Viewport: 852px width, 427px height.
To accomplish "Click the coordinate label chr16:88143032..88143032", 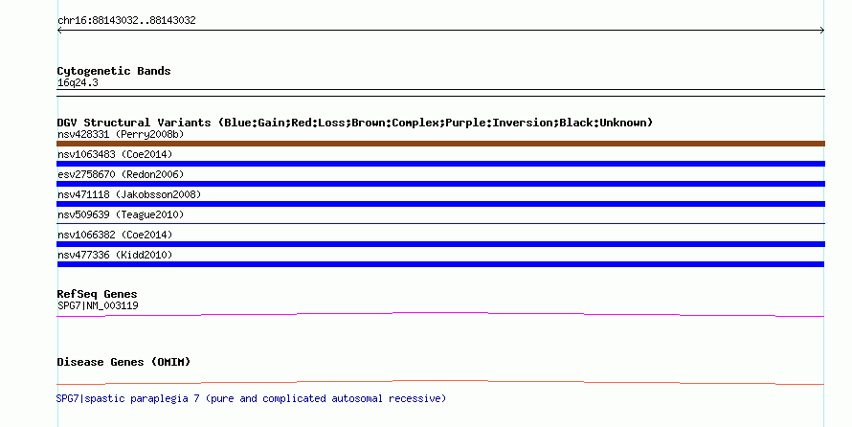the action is click(126, 21).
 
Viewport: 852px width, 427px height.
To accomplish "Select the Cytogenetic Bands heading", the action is click(114, 71).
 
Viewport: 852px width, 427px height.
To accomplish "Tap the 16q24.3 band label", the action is click(78, 83).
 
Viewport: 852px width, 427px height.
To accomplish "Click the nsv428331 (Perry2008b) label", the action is click(121, 134).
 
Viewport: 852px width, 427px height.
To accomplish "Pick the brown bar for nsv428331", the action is click(440, 144).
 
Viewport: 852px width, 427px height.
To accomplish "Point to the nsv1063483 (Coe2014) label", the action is click(115, 154).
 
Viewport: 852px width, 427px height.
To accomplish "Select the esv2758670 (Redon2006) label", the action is click(121, 174).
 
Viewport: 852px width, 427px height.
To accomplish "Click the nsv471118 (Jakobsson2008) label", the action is click(129, 194).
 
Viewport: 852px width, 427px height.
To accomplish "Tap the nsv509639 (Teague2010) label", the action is click(121, 214).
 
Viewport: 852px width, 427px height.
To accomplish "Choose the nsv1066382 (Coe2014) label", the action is click(115, 235).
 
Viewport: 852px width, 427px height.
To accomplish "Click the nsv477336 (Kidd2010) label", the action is click(115, 255).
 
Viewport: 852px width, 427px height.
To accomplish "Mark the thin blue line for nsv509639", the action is click(440, 223).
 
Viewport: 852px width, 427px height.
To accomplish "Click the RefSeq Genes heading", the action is click(97, 294).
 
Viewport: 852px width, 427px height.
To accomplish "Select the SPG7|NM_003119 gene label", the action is click(98, 305).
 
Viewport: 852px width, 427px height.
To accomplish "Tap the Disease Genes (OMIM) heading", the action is click(123, 362).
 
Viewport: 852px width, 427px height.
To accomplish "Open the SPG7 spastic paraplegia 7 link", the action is click(251, 398).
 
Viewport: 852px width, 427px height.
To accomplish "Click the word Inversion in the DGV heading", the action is click(523, 123).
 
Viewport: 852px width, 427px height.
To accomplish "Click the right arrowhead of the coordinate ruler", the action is click(822, 31).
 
